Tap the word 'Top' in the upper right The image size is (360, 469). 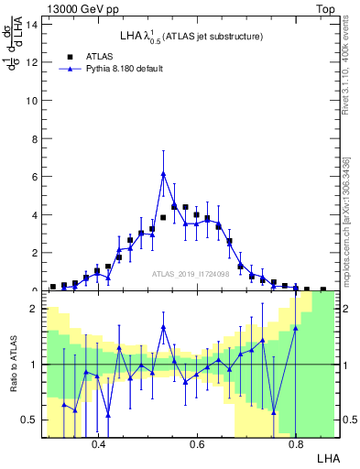click(x=325, y=9)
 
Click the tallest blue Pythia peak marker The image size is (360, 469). click(x=163, y=173)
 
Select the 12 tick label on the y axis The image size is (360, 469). click(x=33, y=62)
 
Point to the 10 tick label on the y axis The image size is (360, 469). click(x=33, y=101)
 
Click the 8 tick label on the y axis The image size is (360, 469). click(x=36, y=138)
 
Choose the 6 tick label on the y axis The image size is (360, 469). click(x=36, y=177)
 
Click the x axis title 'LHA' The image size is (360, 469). click(x=327, y=457)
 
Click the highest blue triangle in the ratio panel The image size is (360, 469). click(x=163, y=326)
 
